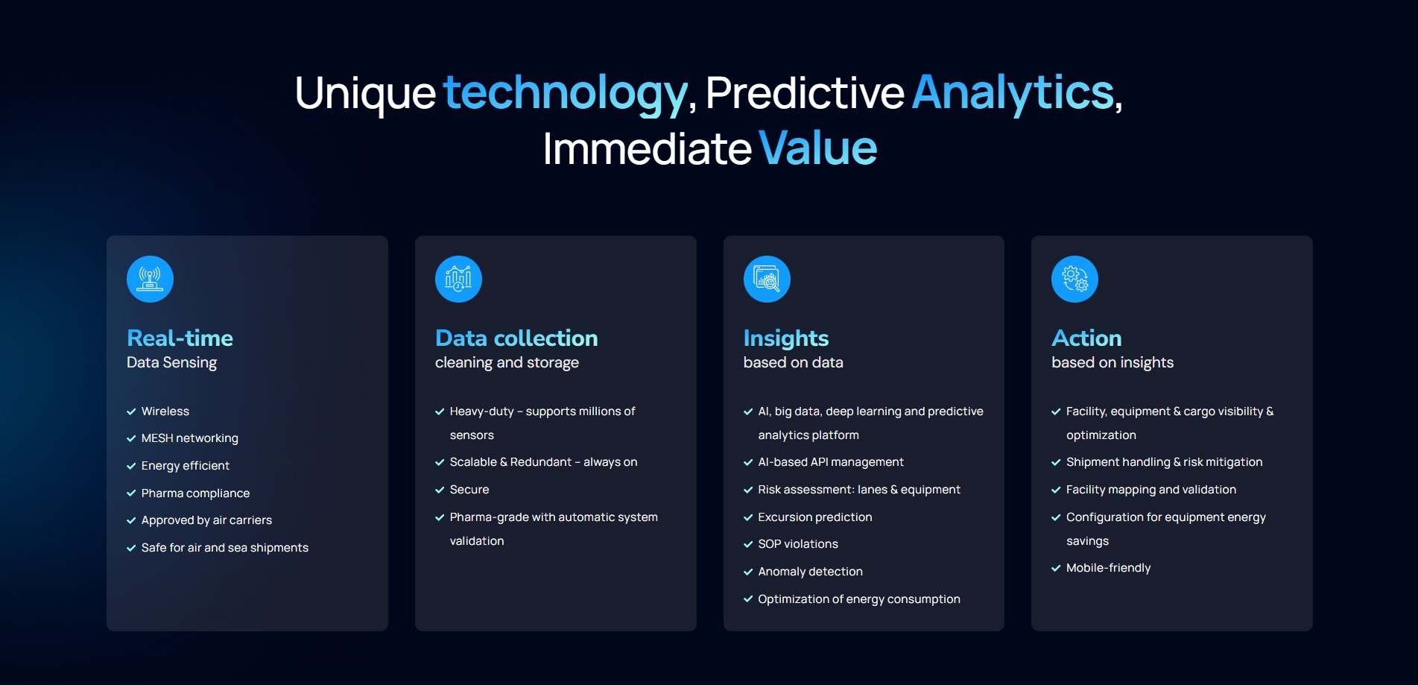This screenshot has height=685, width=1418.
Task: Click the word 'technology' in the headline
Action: pos(566,94)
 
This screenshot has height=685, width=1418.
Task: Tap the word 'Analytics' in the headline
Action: pos(1013,92)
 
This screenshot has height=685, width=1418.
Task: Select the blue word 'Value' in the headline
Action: pos(818,148)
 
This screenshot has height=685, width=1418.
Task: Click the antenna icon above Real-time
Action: pos(150,279)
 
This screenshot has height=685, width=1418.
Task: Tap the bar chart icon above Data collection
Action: pos(458,279)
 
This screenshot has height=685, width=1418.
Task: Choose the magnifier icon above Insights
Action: pos(767,279)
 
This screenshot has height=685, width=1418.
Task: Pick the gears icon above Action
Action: pos(1074,279)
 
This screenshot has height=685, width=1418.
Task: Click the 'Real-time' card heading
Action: pos(180,338)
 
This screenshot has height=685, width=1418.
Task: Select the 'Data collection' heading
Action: pos(516,338)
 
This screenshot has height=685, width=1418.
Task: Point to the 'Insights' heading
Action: pos(786,339)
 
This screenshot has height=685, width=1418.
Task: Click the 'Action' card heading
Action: pos(1086,338)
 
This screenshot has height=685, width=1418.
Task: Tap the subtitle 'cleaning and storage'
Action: pos(507,363)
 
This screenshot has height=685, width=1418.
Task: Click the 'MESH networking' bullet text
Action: pos(190,438)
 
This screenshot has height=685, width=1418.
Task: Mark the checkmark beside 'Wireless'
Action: pos(131,411)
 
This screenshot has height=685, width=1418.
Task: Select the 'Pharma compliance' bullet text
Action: pos(195,493)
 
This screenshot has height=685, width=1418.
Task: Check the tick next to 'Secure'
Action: pos(440,490)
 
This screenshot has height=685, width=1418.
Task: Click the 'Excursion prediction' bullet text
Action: pos(815,517)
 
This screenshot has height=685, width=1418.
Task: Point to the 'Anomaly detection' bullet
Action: pos(810,572)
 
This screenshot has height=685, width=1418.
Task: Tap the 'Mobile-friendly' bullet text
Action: pos(1108,568)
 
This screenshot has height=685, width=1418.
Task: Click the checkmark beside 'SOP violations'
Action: pos(748,544)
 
